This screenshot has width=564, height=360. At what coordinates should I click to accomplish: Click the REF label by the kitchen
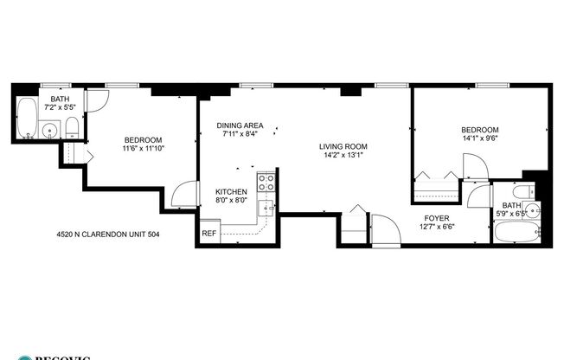[x=208, y=233]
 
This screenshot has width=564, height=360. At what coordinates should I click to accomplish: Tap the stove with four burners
[x=267, y=183]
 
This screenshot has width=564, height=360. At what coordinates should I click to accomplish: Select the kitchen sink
[x=269, y=206]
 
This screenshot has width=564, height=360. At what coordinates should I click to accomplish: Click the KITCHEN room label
[x=231, y=192]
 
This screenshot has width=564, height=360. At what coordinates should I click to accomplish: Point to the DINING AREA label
[x=240, y=125]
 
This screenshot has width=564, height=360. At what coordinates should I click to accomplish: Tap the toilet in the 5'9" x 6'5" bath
[x=520, y=192]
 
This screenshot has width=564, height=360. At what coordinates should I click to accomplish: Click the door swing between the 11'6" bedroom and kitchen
[x=185, y=196]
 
